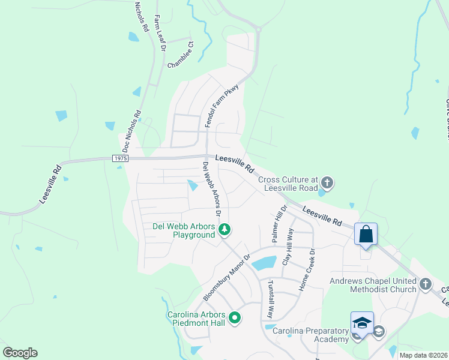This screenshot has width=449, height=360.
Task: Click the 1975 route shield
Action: pyautogui.click(x=119, y=158)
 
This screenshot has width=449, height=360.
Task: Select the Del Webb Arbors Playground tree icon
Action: pyautogui.click(x=224, y=229)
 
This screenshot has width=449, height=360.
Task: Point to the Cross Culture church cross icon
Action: pyautogui.click(x=327, y=181)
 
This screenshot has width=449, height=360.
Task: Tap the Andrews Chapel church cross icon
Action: pyautogui.click(x=425, y=283)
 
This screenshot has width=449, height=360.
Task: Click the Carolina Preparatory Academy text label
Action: pyautogui.click(x=310, y=335)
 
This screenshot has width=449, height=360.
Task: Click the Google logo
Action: pyautogui.click(x=20, y=353)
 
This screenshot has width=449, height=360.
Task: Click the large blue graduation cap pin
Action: pyautogui.click(x=362, y=322)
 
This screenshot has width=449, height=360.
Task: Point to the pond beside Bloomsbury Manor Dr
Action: pyautogui.click(x=264, y=262)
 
